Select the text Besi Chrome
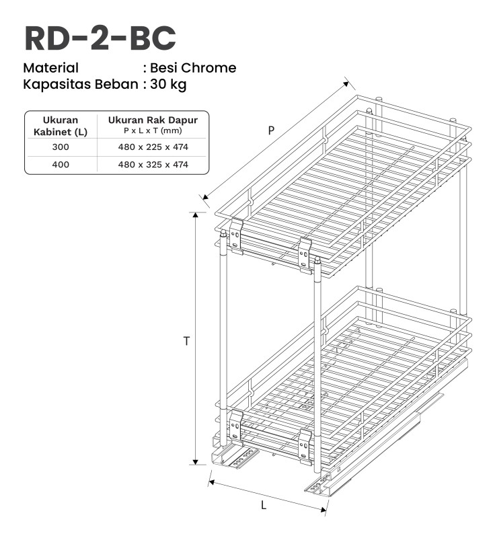coord(193,68)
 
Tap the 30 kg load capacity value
coord(168,84)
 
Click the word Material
coord(50,68)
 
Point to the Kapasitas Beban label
coord(81,85)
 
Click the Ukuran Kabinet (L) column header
coord(61,126)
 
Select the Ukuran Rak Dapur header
coord(153,120)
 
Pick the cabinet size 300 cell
coord(61,147)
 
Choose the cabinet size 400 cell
coord(61,165)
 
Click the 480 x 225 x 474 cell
coord(153,147)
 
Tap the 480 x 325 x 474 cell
coord(153,165)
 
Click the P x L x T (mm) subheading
coord(153,130)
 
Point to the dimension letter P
coord(271,130)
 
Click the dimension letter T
coord(186,341)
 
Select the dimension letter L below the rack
coord(264,505)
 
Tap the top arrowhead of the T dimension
coord(196,215)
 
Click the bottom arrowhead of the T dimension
coord(196,462)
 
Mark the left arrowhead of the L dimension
coord(211,482)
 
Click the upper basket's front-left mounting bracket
coord(236,236)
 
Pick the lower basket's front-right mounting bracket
coord(304,445)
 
